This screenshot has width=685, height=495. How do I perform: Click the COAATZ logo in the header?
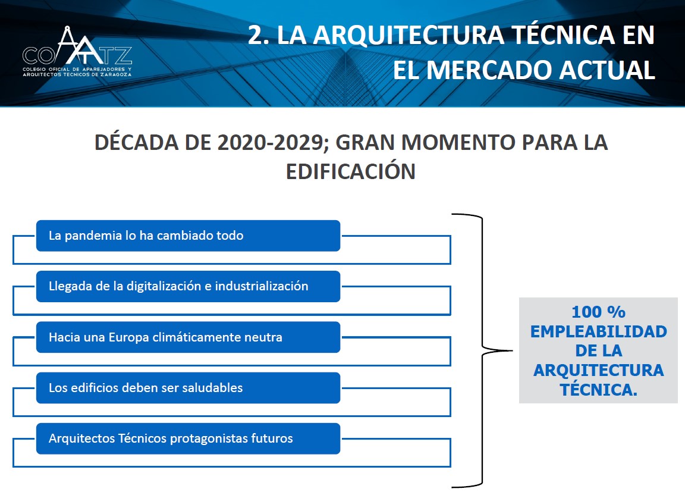tap(77, 52)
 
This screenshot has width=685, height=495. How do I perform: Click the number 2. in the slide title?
tap(258, 35)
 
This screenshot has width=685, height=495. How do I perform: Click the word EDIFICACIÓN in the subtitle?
tap(350, 171)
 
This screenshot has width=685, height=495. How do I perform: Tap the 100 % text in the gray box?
tap(598, 312)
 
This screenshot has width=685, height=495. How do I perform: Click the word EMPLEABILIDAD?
tap(599, 331)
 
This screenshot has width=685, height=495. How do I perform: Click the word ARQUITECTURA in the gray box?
tap(599, 371)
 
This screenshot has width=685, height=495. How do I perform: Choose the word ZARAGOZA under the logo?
tap(116, 75)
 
